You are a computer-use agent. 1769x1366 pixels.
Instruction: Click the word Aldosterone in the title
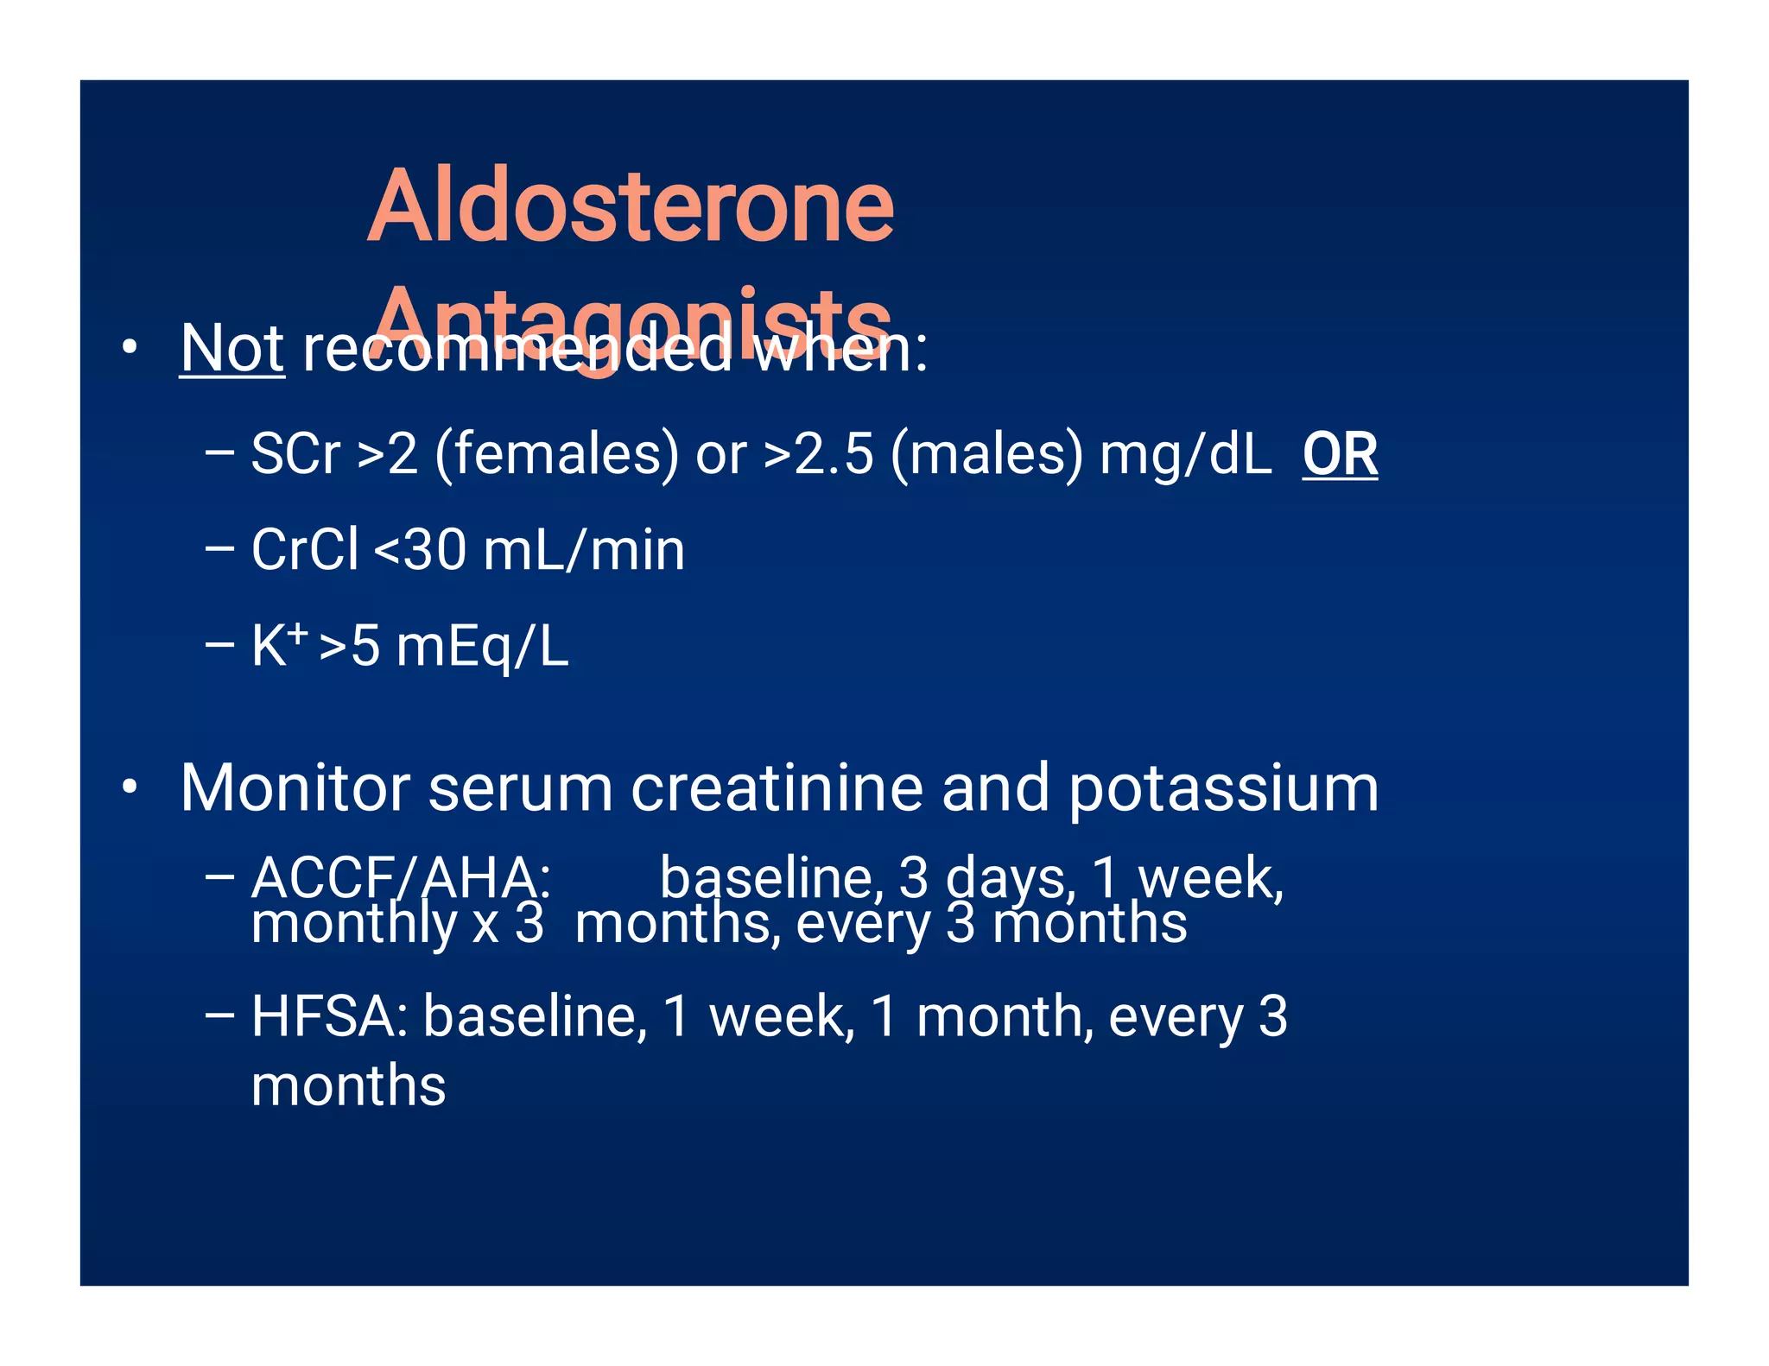tap(631, 207)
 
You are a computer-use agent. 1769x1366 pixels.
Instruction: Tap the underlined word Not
tap(231, 349)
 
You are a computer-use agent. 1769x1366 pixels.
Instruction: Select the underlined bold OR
tap(1339, 454)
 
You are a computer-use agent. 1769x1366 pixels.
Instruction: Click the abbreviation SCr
tap(295, 454)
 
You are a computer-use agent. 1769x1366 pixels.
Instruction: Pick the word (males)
tap(986, 454)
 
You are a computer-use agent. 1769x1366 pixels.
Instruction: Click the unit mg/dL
tap(1185, 454)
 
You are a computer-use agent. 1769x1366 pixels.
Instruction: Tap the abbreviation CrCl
tap(304, 550)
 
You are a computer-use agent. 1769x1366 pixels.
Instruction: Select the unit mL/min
tap(584, 550)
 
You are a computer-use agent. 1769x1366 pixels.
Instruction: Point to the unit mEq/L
tap(482, 648)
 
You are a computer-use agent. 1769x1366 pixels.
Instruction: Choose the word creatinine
tap(777, 787)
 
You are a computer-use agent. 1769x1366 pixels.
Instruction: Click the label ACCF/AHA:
tap(401, 877)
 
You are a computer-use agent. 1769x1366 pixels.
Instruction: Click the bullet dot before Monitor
tap(130, 787)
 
